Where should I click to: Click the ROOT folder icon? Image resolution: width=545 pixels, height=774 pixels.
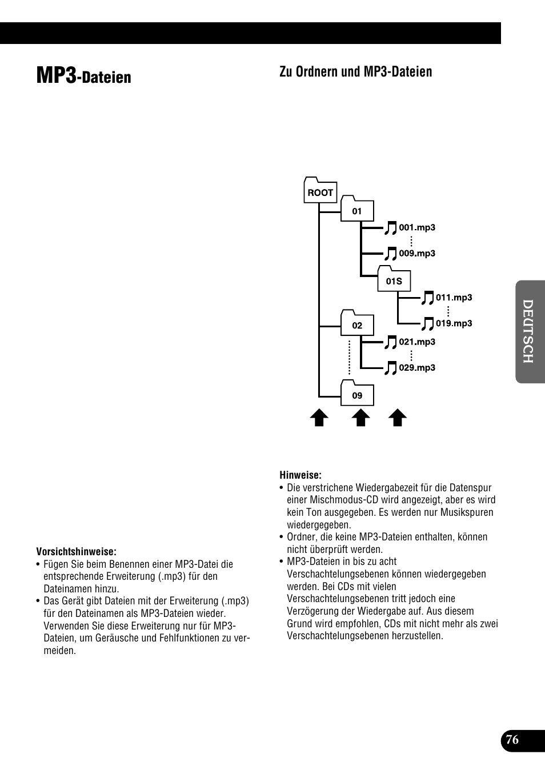(x=320, y=192)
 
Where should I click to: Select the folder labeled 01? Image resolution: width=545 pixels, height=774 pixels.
(x=357, y=210)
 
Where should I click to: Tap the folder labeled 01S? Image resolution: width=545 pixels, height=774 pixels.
(x=394, y=280)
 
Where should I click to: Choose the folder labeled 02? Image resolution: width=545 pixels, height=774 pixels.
(x=357, y=325)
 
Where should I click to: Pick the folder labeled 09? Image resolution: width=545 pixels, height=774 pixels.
(x=357, y=395)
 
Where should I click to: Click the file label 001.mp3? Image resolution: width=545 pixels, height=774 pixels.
(x=417, y=227)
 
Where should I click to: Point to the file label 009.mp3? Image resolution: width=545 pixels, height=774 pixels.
(x=417, y=253)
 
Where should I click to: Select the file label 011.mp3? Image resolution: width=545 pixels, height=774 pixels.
(x=454, y=297)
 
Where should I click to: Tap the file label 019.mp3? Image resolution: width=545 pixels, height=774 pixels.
(x=454, y=323)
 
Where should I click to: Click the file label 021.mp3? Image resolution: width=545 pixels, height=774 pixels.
(x=417, y=342)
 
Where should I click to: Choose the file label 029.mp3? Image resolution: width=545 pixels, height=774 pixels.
(x=417, y=367)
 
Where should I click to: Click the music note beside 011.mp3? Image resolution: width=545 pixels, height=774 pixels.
(x=427, y=298)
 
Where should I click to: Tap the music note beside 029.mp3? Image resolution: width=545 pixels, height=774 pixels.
(x=391, y=368)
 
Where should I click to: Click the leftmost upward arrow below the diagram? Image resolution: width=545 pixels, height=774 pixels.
(x=319, y=418)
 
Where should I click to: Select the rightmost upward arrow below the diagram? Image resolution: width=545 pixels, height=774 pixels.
(x=398, y=418)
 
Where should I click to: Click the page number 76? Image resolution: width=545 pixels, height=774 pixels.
(x=512, y=740)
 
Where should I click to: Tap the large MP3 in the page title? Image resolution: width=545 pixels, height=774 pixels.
(x=55, y=75)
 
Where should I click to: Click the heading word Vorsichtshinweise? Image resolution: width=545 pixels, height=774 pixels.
(x=77, y=551)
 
